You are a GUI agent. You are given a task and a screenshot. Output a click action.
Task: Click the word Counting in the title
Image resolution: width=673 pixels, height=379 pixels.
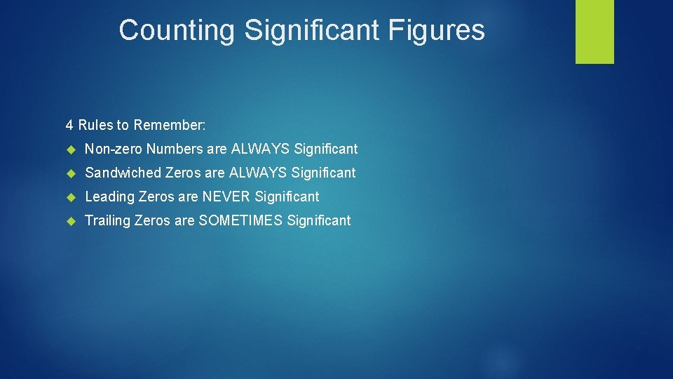pyautogui.click(x=177, y=30)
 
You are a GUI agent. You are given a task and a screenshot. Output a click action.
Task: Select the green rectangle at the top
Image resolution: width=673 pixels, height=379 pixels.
pyautogui.click(x=594, y=32)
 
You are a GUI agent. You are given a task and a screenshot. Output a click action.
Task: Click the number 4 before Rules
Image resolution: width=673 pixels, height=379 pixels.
pyautogui.click(x=69, y=126)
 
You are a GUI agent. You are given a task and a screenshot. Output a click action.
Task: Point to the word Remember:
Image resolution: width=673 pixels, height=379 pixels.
pyautogui.click(x=170, y=126)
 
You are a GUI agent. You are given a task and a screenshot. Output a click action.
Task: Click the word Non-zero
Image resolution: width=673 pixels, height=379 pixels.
pyautogui.click(x=114, y=149)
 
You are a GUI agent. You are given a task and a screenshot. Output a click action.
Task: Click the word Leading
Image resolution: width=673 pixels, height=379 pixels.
pyautogui.click(x=110, y=197)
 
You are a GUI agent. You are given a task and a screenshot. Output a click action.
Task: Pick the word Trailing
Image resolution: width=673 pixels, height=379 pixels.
pyautogui.click(x=107, y=220)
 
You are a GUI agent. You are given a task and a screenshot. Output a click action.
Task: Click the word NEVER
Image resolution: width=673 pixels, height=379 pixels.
pyautogui.click(x=227, y=197)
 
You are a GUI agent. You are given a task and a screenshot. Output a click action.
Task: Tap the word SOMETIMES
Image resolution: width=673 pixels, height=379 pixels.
pyautogui.click(x=240, y=220)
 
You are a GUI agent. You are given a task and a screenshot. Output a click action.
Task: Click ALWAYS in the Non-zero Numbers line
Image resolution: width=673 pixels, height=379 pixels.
pyautogui.click(x=261, y=149)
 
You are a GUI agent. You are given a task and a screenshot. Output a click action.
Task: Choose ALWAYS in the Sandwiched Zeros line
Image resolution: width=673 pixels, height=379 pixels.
pyautogui.click(x=258, y=173)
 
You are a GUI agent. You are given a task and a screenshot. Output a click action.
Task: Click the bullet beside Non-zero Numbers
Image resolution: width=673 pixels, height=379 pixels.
pyautogui.click(x=70, y=149)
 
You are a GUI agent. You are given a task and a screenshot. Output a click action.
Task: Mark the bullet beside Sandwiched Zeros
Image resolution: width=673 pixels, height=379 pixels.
pyautogui.click(x=70, y=173)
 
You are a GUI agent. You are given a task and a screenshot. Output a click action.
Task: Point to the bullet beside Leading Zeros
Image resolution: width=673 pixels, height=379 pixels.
pyautogui.click(x=70, y=197)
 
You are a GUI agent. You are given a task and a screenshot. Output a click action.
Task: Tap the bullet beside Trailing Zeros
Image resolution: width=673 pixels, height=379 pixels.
pyautogui.click(x=70, y=221)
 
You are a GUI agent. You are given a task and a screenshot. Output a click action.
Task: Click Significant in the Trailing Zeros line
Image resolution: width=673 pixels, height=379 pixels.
pyautogui.click(x=319, y=220)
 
